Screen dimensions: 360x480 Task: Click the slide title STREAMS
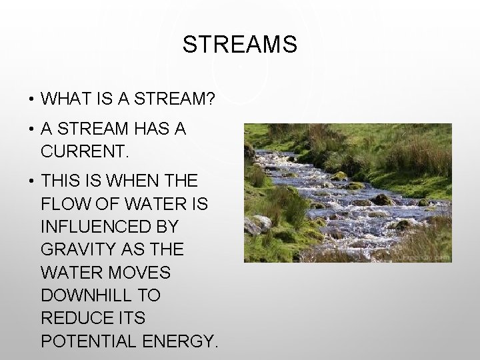[x=239, y=45]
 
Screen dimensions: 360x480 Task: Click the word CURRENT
[x=83, y=151]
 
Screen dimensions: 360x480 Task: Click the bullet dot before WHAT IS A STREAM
[x=31, y=100]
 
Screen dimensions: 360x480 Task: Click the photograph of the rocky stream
[x=347, y=193]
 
